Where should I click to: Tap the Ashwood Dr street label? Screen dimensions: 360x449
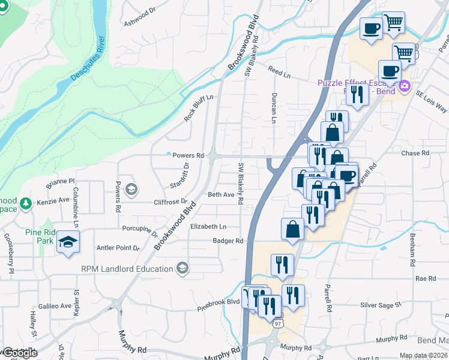(x=139, y=17)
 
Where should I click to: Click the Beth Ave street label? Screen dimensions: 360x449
(x=221, y=195)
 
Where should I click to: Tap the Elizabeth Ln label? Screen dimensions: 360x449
(x=208, y=227)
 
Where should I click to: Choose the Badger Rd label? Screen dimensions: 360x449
(x=230, y=241)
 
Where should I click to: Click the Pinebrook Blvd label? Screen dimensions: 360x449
(x=219, y=310)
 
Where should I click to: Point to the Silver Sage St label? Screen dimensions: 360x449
(x=381, y=305)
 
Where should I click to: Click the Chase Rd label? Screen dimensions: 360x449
(x=415, y=153)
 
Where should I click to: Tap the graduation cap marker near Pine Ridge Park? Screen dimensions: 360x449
(x=68, y=242)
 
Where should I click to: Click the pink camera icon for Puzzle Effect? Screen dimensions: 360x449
(x=405, y=86)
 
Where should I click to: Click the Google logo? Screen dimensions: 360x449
(x=19, y=353)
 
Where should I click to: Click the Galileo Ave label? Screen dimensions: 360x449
(x=55, y=306)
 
